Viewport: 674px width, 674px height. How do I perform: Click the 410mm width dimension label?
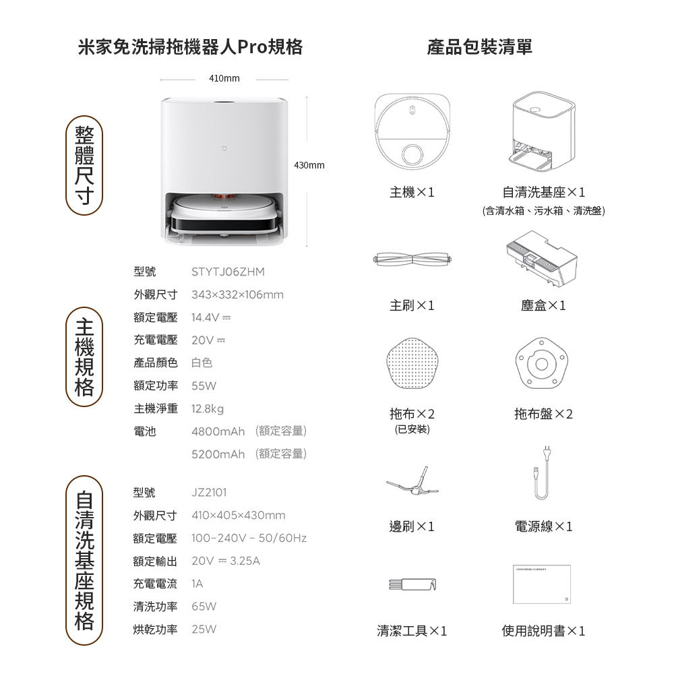tap(224, 78)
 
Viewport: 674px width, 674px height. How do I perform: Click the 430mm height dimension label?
tap(309, 165)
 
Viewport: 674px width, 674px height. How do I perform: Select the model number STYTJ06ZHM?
tap(228, 272)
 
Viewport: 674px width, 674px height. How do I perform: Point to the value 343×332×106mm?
tap(237, 295)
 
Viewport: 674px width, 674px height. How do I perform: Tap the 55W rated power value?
tap(204, 386)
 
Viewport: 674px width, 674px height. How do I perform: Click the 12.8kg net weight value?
tap(208, 409)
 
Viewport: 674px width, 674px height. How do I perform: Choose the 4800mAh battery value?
tap(218, 431)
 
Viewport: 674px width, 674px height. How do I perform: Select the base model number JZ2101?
tap(209, 492)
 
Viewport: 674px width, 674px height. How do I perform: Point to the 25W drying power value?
tap(204, 629)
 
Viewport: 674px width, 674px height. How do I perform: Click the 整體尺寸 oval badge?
tap(84, 166)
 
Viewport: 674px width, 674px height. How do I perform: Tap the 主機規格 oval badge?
tap(84, 357)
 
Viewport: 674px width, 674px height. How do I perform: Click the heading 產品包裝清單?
tap(480, 47)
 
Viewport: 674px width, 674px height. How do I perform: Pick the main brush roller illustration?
tap(412, 259)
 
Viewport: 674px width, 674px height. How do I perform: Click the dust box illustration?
tap(542, 259)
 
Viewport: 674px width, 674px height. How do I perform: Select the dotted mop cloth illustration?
tap(412, 363)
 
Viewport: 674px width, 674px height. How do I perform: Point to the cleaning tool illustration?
tap(412, 584)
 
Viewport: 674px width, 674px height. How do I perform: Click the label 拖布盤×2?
tap(543, 414)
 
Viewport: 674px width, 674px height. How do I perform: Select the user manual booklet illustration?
tap(542, 584)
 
